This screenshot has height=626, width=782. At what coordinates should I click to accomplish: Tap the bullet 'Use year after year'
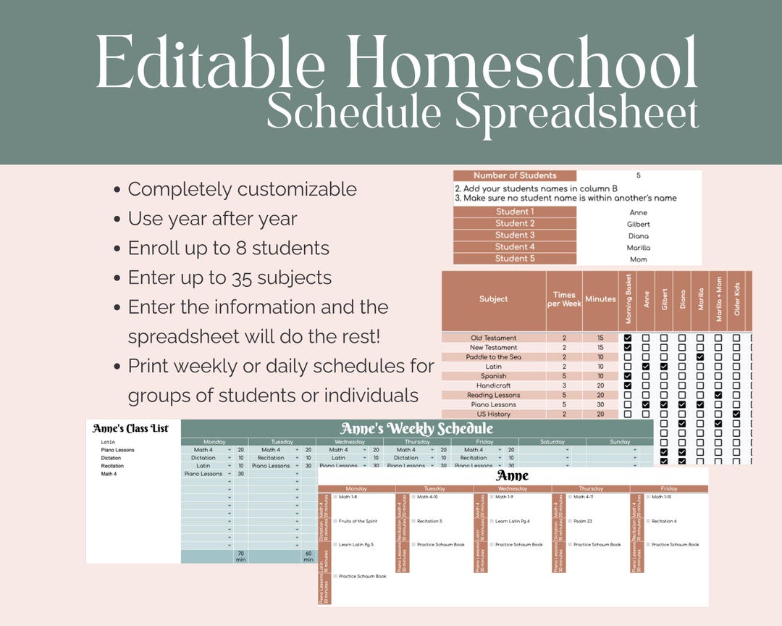tap(213, 218)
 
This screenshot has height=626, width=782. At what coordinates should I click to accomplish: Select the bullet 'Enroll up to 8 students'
tap(228, 248)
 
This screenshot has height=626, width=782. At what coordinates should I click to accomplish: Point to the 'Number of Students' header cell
tap(515, 175)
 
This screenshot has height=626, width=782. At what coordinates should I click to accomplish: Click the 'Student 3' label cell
tap(515, 235)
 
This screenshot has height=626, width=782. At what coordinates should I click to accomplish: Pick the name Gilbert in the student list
tap(639, 225)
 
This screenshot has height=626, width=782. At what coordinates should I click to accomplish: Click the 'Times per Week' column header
tap(564, 299)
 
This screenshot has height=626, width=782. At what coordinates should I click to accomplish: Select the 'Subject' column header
tap(493, 299)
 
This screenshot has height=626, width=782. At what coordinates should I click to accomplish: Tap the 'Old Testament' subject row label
tap(493, 338)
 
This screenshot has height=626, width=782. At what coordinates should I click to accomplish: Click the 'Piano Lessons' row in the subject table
tap(493, 404)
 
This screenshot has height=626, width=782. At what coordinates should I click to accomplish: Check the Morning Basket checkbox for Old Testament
tap(628, 338)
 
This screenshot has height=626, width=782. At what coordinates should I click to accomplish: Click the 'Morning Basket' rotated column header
tap(628, 299)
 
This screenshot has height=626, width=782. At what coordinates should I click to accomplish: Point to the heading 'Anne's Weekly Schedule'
tap(416, 428)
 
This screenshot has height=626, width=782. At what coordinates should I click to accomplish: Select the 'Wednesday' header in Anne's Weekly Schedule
tap(349, 441)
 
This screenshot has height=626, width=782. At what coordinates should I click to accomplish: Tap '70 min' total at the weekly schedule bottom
tap(240, 556)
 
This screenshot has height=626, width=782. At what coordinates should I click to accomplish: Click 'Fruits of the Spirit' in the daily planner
tap(358, 521)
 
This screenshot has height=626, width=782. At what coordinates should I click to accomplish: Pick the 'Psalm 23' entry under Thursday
tap(584, 521)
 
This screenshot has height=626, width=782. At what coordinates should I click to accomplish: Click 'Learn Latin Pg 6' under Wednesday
tap(513, 521)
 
